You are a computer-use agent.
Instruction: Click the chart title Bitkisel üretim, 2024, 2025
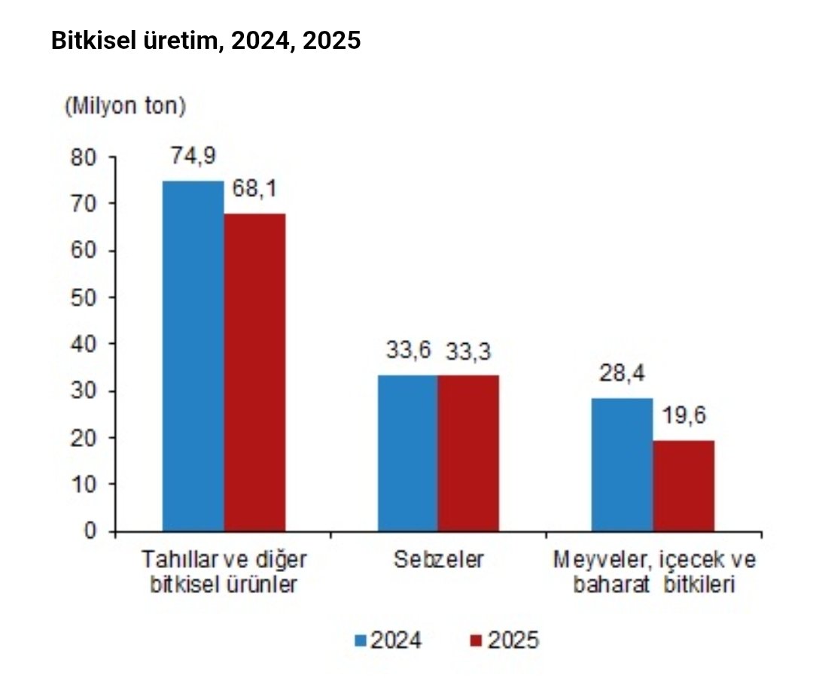click(206, 41)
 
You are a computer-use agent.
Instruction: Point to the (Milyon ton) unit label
click(125, 106)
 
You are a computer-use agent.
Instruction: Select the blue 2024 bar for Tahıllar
click(193, 356)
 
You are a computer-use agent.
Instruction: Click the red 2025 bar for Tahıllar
click(254, 372)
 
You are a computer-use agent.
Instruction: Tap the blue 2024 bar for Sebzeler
click(407, 453)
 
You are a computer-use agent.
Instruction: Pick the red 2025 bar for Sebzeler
click(468, 453)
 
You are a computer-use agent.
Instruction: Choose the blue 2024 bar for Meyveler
click(622, 464)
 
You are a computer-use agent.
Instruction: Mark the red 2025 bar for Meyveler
click(683, 485)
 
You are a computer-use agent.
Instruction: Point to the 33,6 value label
click(408, 351)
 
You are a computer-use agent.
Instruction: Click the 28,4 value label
click(623, 373)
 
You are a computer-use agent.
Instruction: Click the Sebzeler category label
click(438, 561)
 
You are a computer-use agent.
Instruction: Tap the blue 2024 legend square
click(361, 640)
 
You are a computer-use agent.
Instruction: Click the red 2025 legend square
click(475, 640)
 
